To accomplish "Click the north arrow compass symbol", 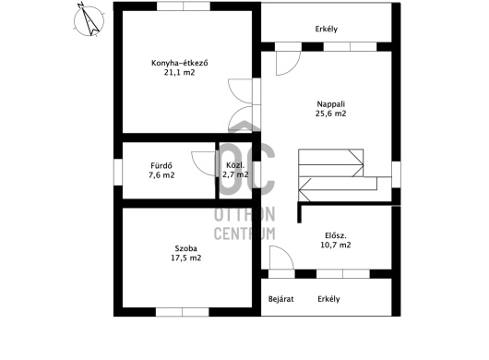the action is click(x=89, y=20).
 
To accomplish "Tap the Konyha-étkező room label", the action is click(x=180, y=63).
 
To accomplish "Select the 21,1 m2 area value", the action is click(x=179, y=73).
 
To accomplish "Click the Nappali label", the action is click(x=331, y=104).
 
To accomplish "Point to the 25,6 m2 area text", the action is click(x=331, y=114).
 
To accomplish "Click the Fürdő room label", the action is click(x=161, y=165).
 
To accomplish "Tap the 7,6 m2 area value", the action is click(x=161, y=175).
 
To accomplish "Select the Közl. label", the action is click(x=235, y=165).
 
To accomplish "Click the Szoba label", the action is click(x=185, y=248).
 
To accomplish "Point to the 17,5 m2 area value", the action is click(x=185, y=258).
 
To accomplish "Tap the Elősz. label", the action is click(x=336, y=235).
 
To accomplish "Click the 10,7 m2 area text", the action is click(x=336, y=245).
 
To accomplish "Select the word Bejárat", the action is click(x=281, y=299).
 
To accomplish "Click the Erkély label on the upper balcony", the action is click(x=327, y=29).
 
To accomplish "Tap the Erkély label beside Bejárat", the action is click(x=328, y=299).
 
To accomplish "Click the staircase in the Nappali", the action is click(x=338, y=175).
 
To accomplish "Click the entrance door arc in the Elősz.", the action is click(x=286, y=252).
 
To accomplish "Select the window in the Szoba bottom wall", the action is click(x=183, y=312).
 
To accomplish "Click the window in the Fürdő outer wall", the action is click(x=118, y=172).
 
